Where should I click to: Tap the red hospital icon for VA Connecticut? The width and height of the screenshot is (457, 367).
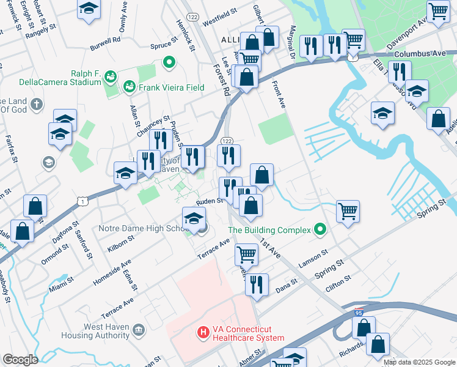click(x=202, y=333)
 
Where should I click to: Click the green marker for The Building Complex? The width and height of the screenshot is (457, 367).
click(x=320, y=231)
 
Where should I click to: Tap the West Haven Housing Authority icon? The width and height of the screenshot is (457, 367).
click(x=139, y=331)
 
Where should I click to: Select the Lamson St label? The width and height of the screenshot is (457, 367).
click(x=313, y=258)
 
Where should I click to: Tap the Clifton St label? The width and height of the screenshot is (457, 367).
click(x=338, y=283)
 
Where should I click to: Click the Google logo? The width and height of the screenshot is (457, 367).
click(x=20, y=360)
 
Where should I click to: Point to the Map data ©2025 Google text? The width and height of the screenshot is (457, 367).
click(x=419, y=362)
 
